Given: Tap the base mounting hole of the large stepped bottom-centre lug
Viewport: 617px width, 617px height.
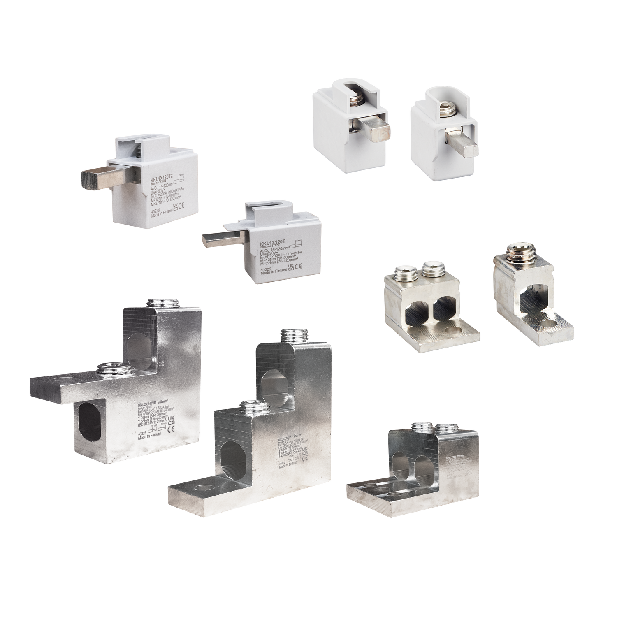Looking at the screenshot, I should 202,488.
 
